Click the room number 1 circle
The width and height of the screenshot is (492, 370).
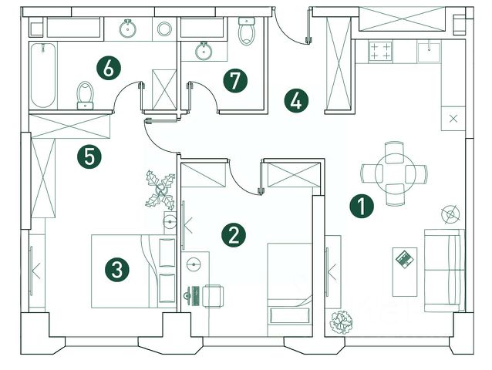pos(360,206)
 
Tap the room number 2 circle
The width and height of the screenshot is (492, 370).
pos(234,235)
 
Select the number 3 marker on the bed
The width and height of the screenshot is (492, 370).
pos(116,270)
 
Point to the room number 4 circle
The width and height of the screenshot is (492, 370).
pos(295,100)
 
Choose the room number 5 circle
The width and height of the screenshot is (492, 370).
pos(90,157)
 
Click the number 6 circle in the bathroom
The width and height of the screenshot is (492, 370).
pos(109,67)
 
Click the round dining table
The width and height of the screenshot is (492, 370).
pos(393,174)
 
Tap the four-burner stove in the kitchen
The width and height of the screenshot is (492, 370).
pos(381,51)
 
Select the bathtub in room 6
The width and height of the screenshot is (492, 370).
pos(43,77)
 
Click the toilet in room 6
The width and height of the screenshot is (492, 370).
pos(85,96)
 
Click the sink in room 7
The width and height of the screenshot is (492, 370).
pos(204,52)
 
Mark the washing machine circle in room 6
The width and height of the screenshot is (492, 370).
pos(164,30)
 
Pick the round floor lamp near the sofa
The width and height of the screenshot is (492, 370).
pos(450,211)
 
